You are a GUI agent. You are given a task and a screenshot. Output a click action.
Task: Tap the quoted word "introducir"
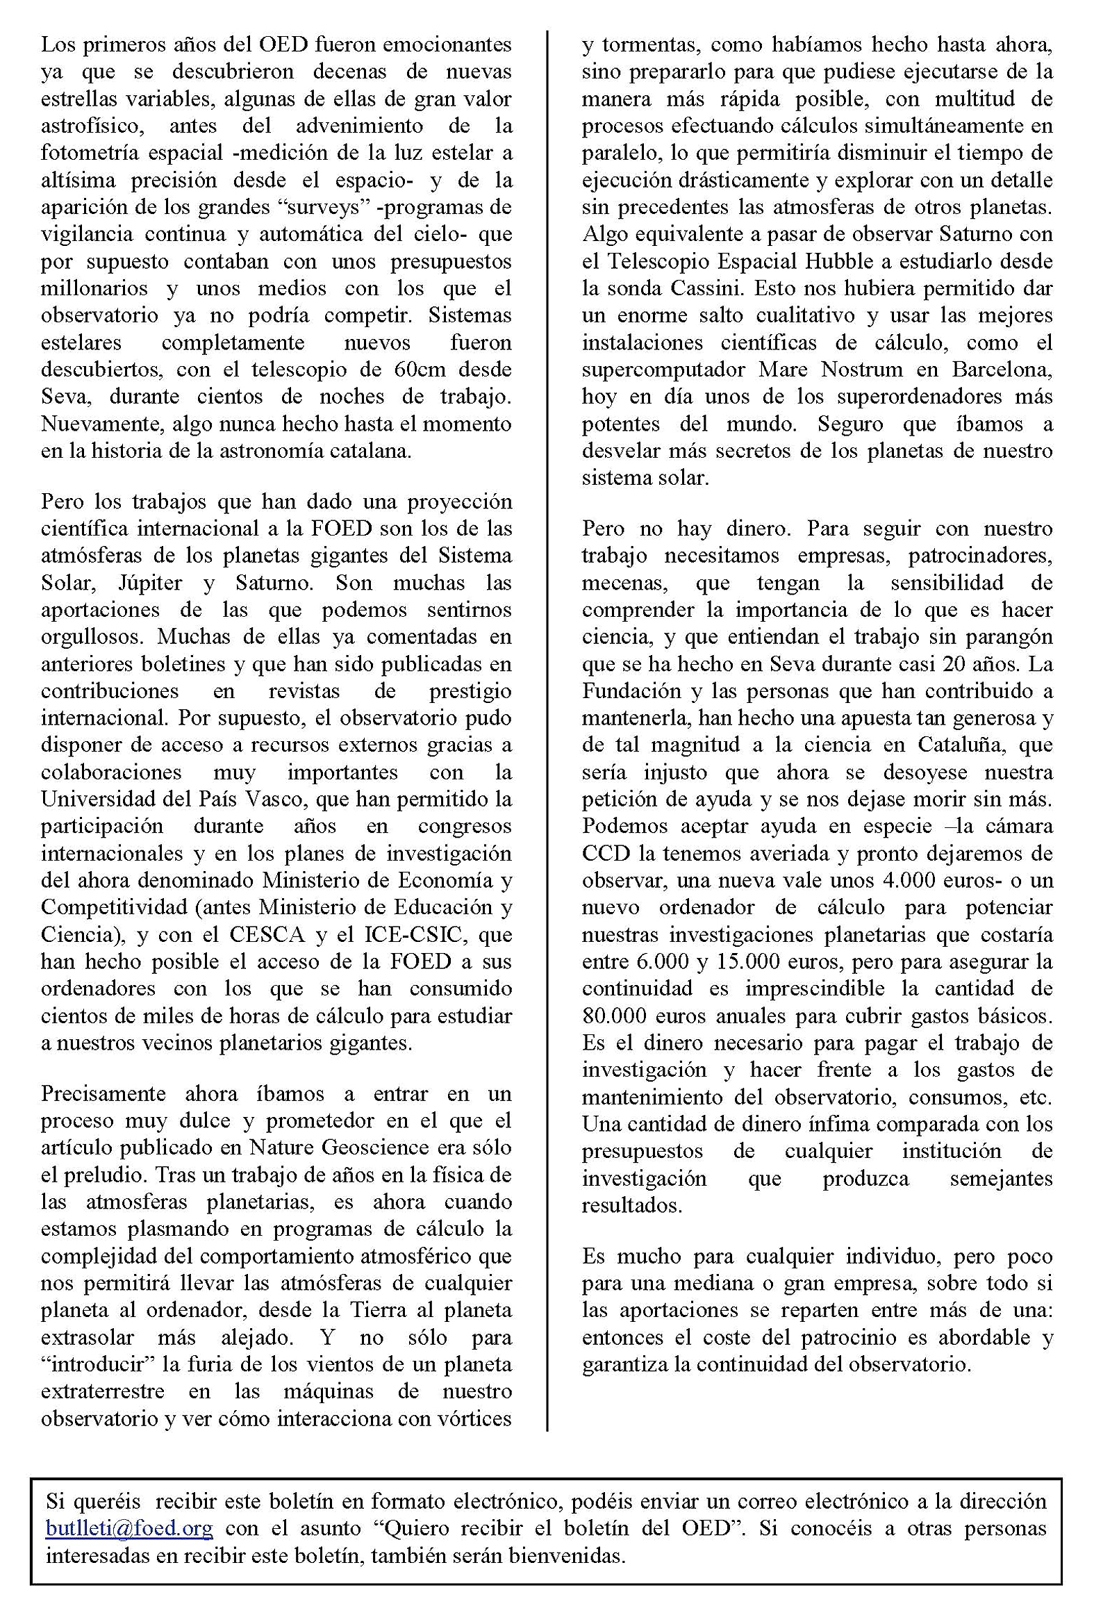97,1364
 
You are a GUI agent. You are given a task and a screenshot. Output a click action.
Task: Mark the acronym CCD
604,853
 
